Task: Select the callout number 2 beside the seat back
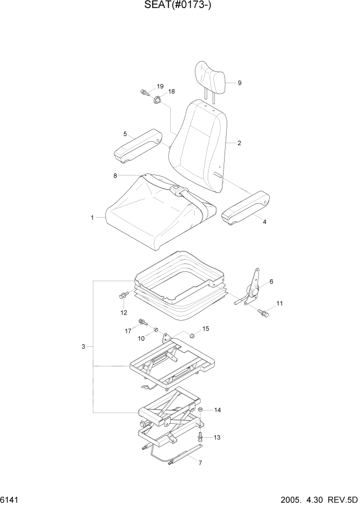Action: (239, 143)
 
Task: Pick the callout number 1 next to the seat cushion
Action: (93, 218)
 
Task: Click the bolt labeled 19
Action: (144, 93)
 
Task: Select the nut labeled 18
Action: (158, 100)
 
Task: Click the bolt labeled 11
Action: (264, 311)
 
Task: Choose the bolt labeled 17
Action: (142, 323)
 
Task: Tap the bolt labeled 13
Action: (201, 437)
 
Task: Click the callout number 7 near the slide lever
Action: (200, 463)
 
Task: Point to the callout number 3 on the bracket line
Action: (84, 347)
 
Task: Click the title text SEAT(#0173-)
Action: (179, 8)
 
